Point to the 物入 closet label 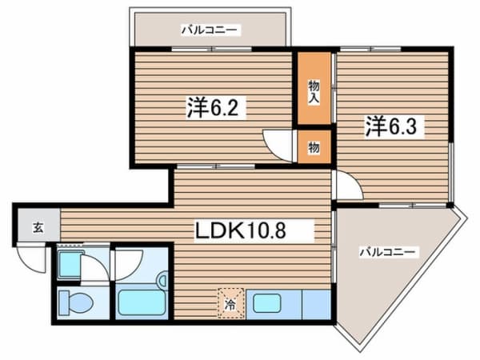[x=314, y=92]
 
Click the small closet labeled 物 [x=314, y=147]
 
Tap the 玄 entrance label [x=38, y=227]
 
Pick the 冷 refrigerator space [x=230, y=303]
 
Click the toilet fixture [x=76, y=302]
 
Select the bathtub [x=142, y=302]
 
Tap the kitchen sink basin [x=266, y=303]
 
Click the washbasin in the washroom [x=70, y=265]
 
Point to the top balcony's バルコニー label [x=210, y=30]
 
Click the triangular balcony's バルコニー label [x=387, y=252]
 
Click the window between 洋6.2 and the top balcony [x=212, y=49]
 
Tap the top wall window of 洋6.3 [x=370, y=49]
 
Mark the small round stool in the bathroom [x=162, y=279]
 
